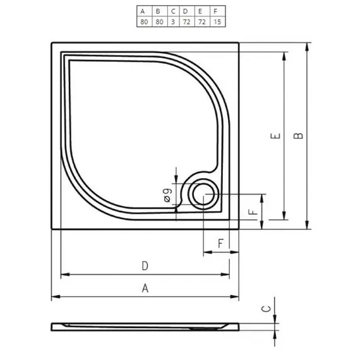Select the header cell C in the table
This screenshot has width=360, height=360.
click(172, 11)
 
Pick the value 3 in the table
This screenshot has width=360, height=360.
click(172, 21)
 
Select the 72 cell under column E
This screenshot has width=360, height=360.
click(200, 21)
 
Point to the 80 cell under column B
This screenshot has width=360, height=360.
click(159, 21)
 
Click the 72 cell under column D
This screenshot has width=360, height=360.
click(186, 21)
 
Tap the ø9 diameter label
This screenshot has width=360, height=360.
click(169, 195)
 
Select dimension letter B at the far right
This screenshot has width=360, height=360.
click(299, 135)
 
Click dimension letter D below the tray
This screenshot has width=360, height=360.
click(145, 266)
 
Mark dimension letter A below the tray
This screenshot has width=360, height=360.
click(145, 288)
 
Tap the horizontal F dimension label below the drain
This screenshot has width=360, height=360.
click(220, 243)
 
